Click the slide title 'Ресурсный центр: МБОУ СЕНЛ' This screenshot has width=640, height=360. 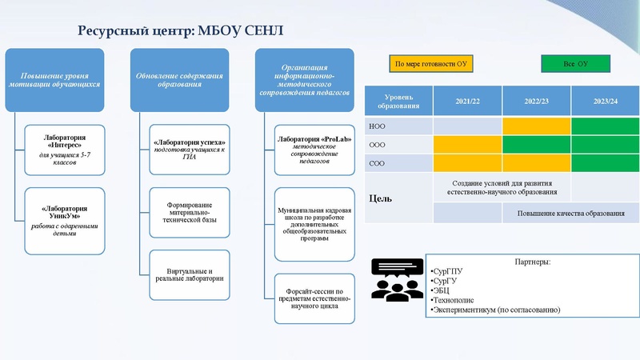pos(180,31)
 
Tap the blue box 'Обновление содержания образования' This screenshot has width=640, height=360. pos(179,79)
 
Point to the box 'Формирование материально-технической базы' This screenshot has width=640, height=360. pos(190,211)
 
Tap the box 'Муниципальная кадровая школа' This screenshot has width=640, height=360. pos(314,224)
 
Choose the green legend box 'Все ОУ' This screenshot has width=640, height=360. pos(575,63)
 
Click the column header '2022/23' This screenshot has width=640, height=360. pos(537,101)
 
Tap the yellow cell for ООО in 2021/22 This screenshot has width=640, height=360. pos(468,144)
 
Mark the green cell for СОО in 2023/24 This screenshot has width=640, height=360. pos(606,162)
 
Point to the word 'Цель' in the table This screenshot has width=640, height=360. pos(380,198)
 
